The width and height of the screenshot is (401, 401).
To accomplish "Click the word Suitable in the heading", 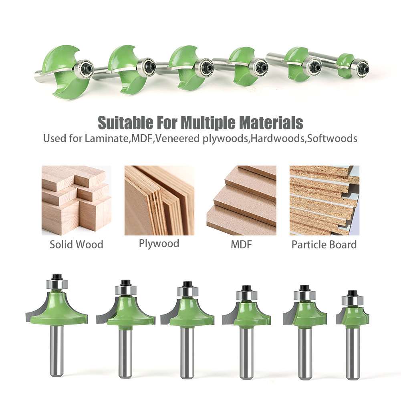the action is [x=125, y=123].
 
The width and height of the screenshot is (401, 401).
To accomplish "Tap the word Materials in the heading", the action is [x=271, y=123].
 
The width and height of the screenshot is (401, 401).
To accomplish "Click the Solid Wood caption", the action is [x=77, y=244].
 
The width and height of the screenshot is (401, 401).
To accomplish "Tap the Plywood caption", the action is [x=159, y=244].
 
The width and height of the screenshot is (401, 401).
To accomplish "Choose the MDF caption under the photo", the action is [x=241, y=244].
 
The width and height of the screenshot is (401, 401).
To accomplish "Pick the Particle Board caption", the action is [x=324, y=245].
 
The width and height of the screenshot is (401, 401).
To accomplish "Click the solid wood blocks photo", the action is [x=77, y=200].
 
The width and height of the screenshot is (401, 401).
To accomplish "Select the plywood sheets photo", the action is [x=159, y=200].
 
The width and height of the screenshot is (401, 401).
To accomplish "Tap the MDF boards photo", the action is [x=242, y=200].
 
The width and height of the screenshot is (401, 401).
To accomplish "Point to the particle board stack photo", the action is [x=324, y=200].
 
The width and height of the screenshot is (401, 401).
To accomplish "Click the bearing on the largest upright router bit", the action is [x=57, y=284].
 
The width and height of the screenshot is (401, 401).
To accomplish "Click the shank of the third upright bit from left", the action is [x=187, y=353].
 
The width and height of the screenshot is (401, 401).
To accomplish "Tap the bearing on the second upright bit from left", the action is [x=125, y=290].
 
